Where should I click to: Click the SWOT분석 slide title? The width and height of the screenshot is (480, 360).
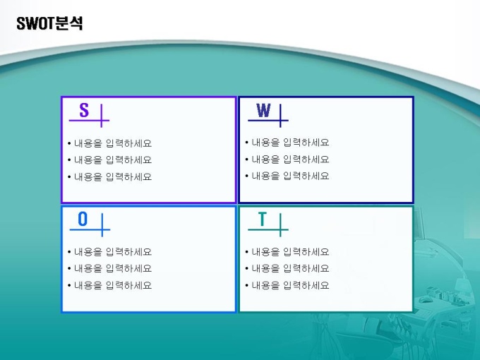[x=49, y=23]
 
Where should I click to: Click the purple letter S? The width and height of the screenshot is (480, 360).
[x=84, y=110]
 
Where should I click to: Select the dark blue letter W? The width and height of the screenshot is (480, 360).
[x=263, y=110]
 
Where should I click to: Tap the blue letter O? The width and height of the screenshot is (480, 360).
[x=83, y=219]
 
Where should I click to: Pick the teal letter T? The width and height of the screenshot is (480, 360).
[x=263, y=219]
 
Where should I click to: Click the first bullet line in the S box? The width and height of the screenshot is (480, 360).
[x=109, y=143]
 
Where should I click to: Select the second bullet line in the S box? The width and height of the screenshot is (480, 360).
[x=109, y=160]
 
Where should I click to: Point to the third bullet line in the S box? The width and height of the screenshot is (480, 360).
[x=109, y=176]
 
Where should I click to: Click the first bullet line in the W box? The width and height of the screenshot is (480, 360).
[x=287, y=143]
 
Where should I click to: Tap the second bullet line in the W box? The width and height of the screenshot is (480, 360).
[x=287, y=160]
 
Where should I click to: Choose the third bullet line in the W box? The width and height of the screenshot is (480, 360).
[x=287, y=176]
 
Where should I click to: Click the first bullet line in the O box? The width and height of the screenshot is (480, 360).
[x=109, y=252]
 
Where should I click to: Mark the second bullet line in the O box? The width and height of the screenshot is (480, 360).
[x=109, y=268]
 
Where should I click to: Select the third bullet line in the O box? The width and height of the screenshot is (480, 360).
[x=109, y=285]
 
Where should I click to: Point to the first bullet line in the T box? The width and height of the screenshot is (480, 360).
[x=287, y=252]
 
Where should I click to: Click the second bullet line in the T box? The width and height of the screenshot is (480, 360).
[x=287, y=268]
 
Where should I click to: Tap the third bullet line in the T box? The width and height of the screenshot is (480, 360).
[x=287, y=285]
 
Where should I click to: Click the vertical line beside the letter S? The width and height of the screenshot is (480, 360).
[x=102, y=116]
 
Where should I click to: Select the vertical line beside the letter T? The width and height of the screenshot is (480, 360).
[x=280, y=225]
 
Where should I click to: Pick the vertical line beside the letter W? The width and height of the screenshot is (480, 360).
[x=280, y=116]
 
